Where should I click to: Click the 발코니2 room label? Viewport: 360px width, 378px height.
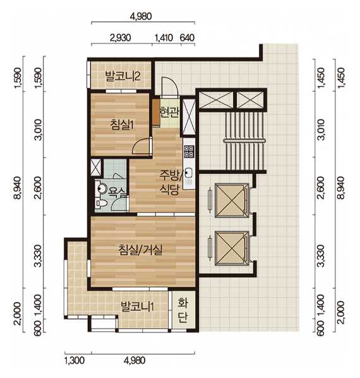pos(123,76)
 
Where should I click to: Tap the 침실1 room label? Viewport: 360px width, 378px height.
pos(122,125)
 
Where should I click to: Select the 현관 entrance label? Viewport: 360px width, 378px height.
pos(169,112)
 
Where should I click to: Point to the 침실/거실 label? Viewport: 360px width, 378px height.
pos(140,249)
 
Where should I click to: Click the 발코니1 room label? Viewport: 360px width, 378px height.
pos(137,307)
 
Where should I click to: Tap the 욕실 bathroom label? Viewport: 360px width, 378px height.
pos(117,191)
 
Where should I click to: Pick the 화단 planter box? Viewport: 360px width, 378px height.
pos(183,310)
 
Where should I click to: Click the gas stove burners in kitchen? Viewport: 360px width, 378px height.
pos(189,151)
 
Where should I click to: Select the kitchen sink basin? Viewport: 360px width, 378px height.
pos(188,173)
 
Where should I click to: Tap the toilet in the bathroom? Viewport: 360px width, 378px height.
pos(101,203)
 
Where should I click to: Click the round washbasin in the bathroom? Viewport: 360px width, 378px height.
pos(102,189)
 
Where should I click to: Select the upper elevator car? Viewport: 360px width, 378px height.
pos(231,201)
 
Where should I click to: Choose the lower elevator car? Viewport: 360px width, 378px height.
pos(231,248)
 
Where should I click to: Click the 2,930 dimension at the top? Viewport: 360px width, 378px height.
pos(121,38)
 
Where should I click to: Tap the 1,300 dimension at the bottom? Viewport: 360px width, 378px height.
pos(75,360)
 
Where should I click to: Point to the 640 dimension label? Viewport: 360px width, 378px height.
pos(187,38)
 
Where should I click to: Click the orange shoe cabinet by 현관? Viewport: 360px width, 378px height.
pos(156,112)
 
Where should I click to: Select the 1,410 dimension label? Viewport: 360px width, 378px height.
pos(164,38)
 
